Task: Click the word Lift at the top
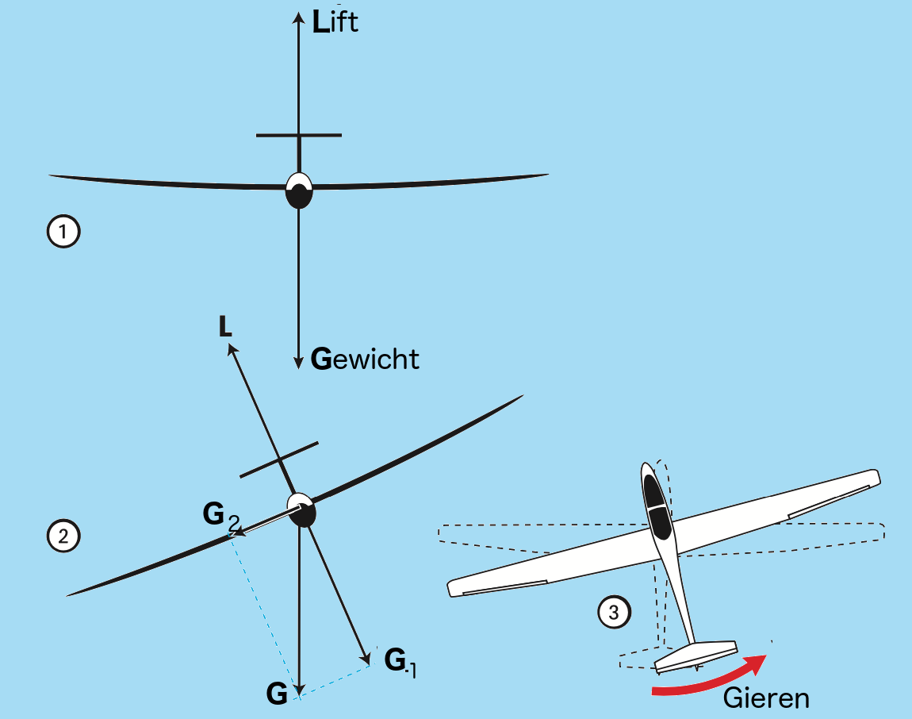[x=335, y=21]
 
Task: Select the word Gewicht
[x=365, y=359]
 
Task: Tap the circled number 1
[x=63, y=232]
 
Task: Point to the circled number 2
[x=63, y=536]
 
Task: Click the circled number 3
[x=614, y=612]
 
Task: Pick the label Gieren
[x=766, y=698]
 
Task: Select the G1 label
[x=400, y=662]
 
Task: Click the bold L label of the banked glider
[x=225, y=326]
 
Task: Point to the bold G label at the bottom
[x=277, y=694]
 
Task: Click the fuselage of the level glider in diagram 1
[x=299, y=190]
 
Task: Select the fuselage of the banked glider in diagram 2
[x=302, y=510]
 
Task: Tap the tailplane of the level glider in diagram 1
[x=299, y=135]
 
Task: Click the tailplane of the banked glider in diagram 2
[x=279, y=459]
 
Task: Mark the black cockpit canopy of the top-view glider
[x=657, y=506]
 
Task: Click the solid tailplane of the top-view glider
[x=696, y=656]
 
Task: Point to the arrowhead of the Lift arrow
[x=298, y=17]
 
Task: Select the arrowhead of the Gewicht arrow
[x=298, y=362]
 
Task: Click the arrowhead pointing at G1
[x=366, y=658]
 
